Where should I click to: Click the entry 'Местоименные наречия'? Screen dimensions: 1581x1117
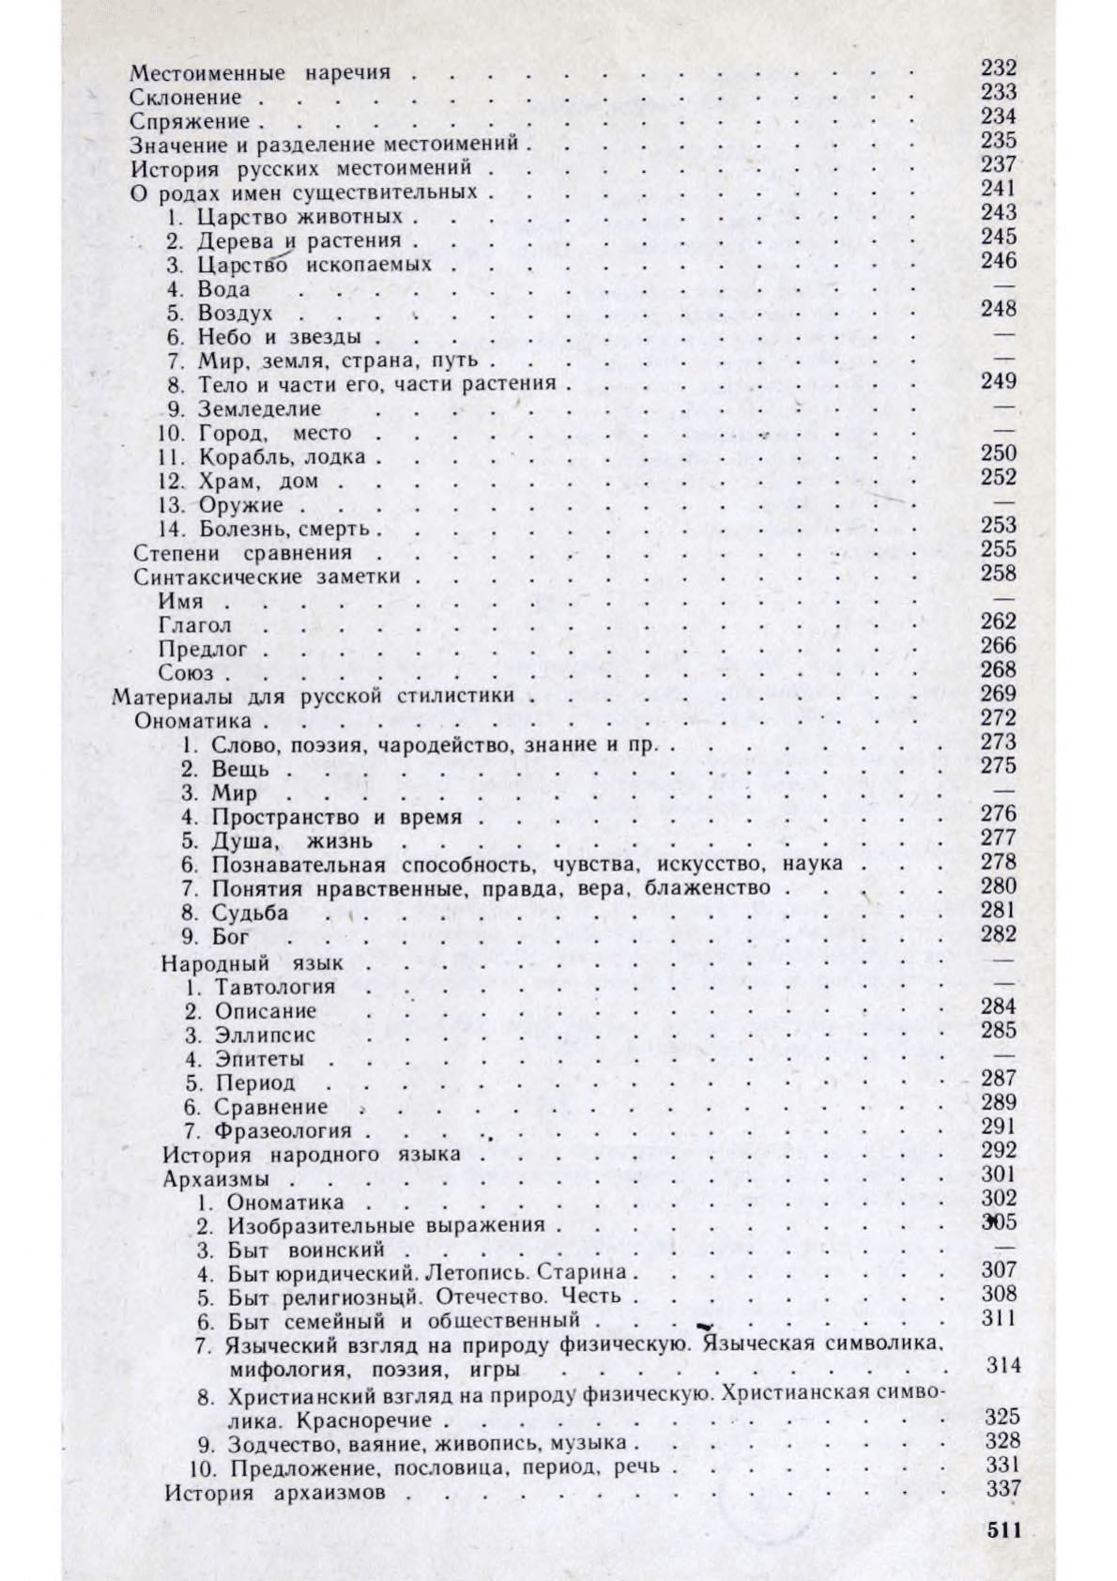click(x=259, y=72)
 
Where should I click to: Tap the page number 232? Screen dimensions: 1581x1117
click(x=999, y=68)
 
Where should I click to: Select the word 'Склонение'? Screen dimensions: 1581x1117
click(x=186, y=97)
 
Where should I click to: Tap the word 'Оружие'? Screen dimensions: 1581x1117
click(x=240, y=506)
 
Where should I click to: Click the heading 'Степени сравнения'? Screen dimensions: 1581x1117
click(x=243, y=553)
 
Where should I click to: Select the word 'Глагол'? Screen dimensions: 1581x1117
click(x=195, y=625)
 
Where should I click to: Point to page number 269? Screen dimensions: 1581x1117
click(x=999, y=694)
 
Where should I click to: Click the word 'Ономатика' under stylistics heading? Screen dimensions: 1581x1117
click(x=192, y=721)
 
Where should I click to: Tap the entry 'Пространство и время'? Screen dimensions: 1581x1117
click(x=336, y=817)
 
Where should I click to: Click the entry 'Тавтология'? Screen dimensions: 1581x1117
click(x=275, y=987)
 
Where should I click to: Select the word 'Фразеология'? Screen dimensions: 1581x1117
click(x=283, y=1131)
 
